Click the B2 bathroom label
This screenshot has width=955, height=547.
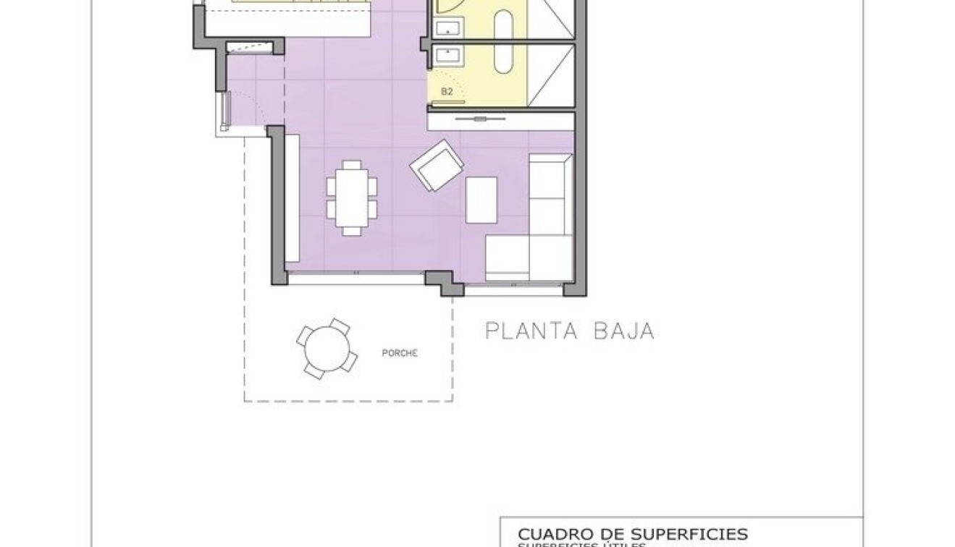pyautogui.click(x=447, y=91)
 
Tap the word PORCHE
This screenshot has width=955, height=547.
pyautogui.click(x=400, y=353)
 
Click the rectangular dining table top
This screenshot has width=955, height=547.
pyautogui.click(x=352, y=197)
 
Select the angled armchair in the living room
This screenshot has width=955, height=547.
pyautogui.click(x=436, y=166)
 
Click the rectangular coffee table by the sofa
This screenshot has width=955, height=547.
pyautogui.click(x=481, y=200)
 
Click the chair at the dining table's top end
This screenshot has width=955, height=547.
pyautogui.click(x=352, y=165)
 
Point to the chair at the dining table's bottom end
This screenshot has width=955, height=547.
pyautogui.click(x=352, y=230)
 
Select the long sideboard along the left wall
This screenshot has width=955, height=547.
pyautogui.click(x=293, y=198)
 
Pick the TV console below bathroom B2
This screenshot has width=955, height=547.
pyautogui.click(x=500, y=121)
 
